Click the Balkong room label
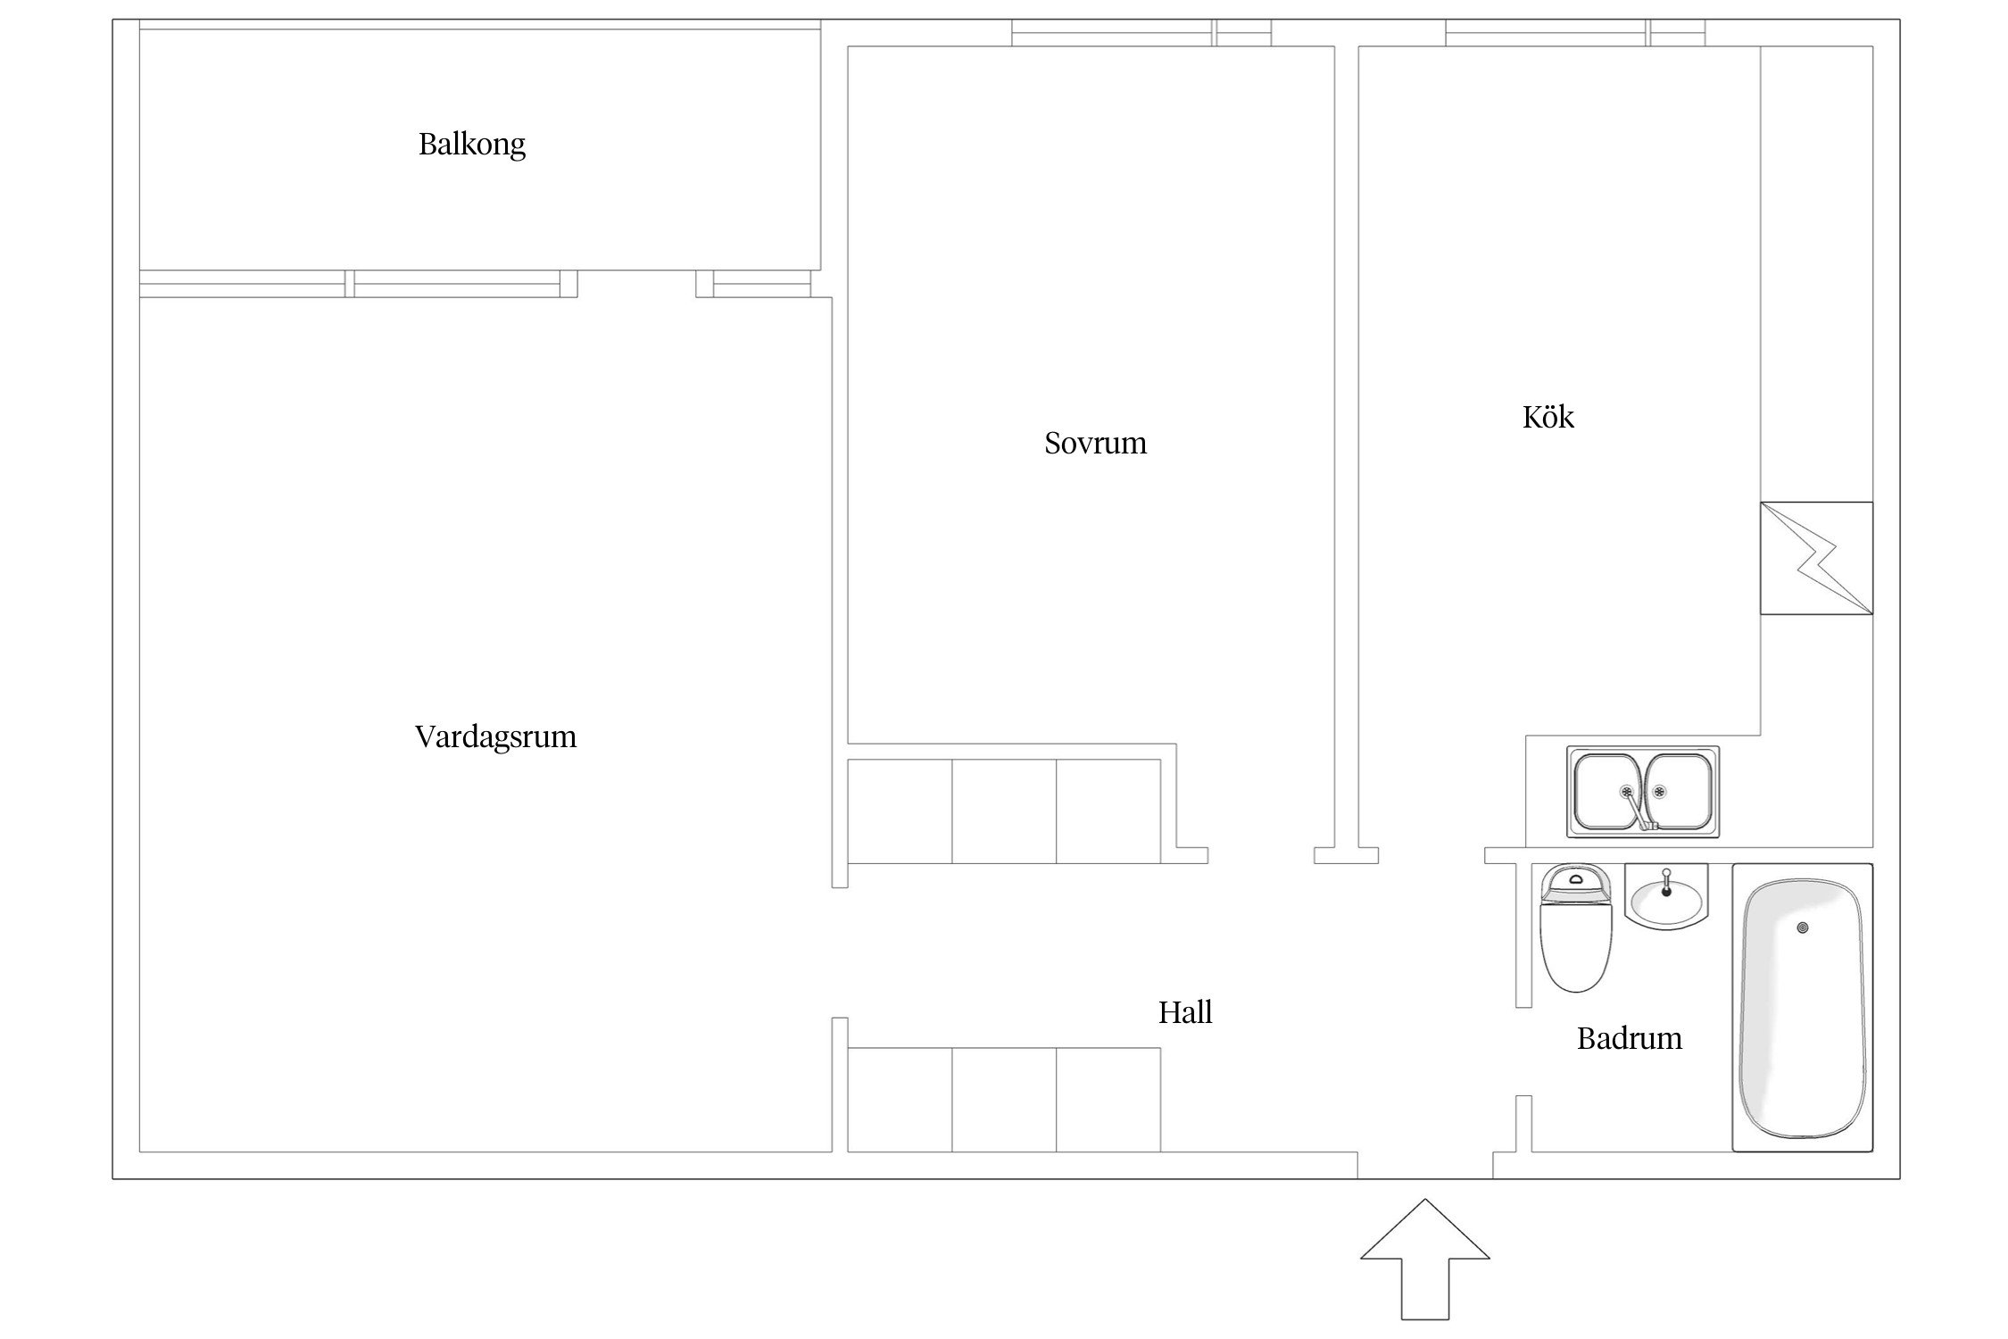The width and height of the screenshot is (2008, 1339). pos(472,145)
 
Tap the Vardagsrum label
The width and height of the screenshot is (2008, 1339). pos(495,736)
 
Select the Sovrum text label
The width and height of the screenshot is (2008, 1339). pos(1095,443)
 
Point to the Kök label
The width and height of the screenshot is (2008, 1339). pos(1547,416)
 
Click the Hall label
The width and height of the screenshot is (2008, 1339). pos(1185,1012)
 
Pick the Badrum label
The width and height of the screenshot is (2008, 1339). pos(1629,1038)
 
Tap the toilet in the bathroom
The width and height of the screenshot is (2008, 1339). pos(1576,928)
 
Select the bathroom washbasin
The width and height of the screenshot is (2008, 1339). pos(1665,896)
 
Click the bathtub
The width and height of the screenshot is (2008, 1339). pos(1802,1008)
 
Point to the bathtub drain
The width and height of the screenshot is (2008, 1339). pos(1803,928)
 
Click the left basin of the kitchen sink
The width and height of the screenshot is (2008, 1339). pos(1606,792)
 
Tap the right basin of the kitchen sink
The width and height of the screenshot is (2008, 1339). pos(1678,792)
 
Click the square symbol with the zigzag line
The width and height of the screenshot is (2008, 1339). pos(1816,558)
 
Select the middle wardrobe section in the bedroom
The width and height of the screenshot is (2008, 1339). pos(1004,811)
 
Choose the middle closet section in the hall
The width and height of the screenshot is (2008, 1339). pos(1004,1100)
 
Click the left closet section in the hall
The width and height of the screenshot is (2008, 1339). pos(900,1100)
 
